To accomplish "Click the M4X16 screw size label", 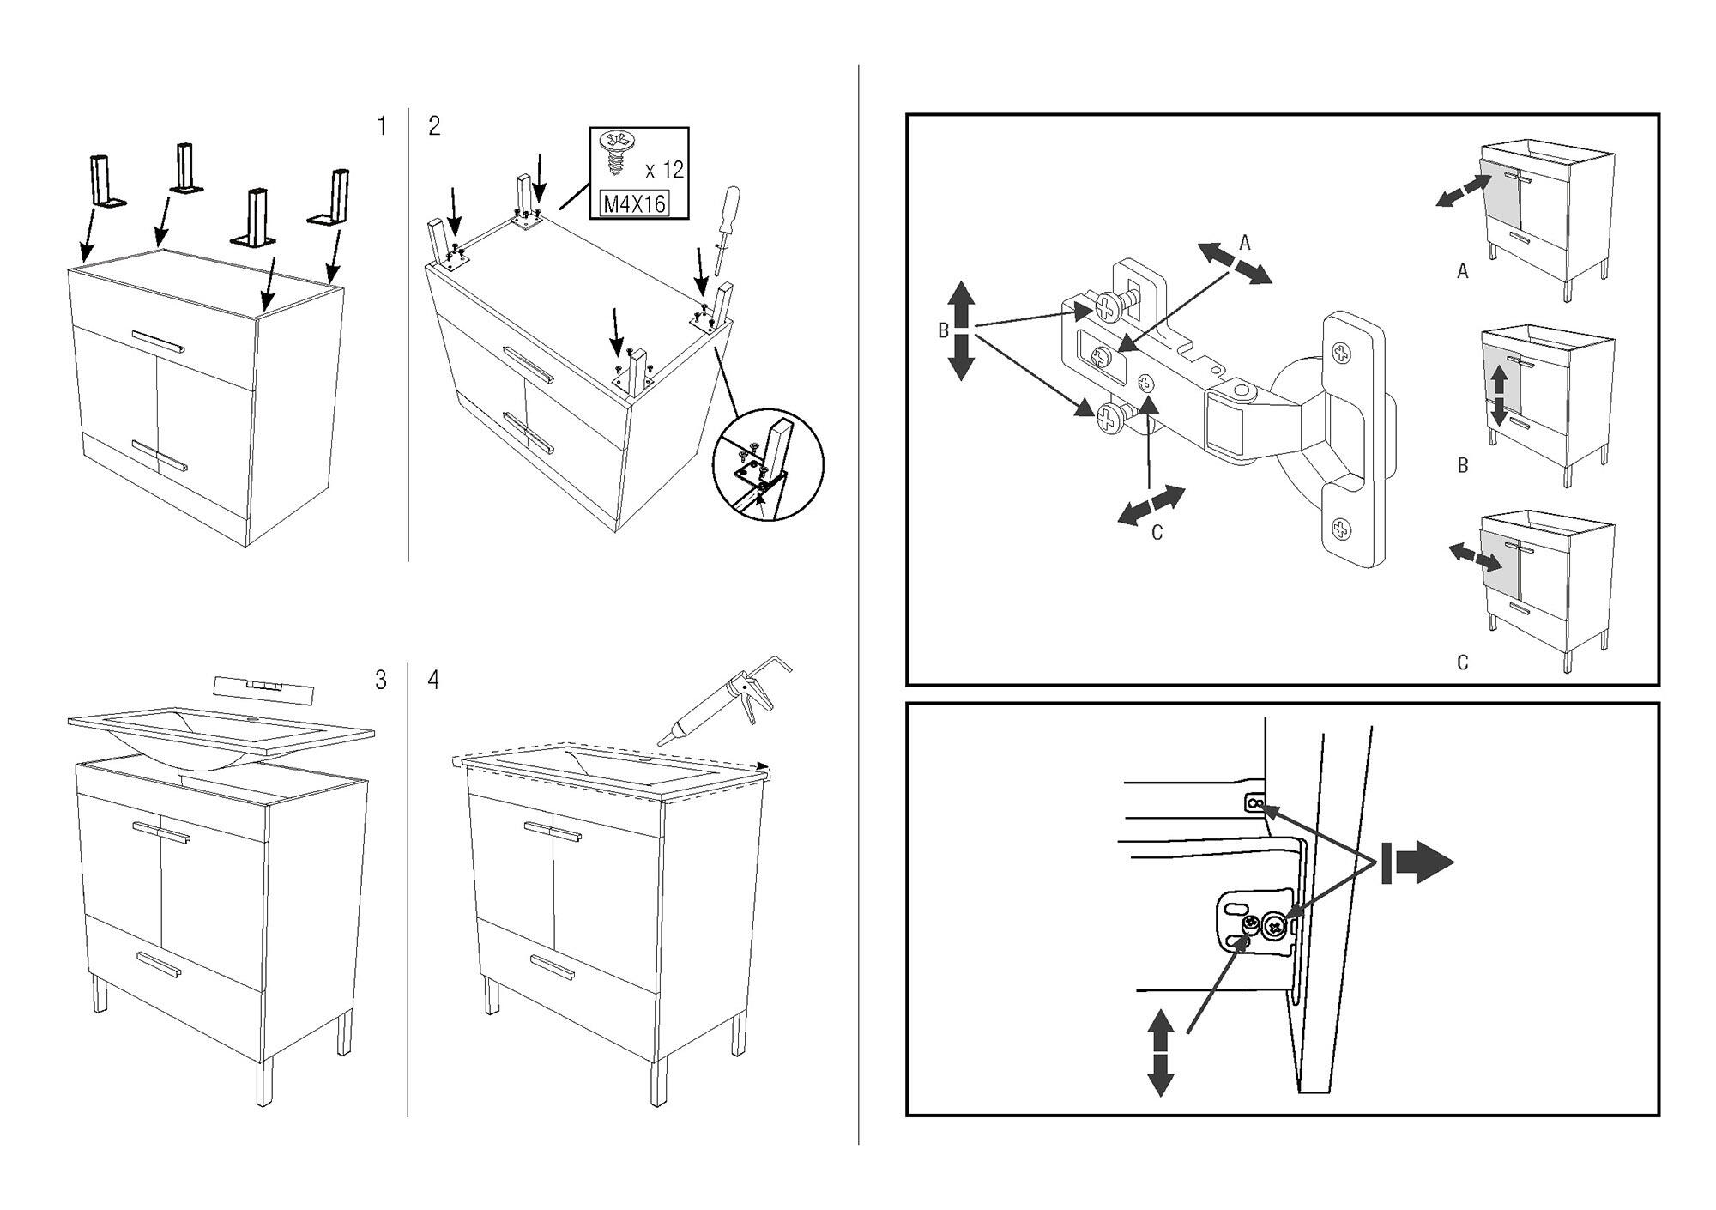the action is point(635,204).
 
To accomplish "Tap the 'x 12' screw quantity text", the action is point(664,170).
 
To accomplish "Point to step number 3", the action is point(381,680).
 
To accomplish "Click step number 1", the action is point(382,127).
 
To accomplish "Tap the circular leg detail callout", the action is point(769,464).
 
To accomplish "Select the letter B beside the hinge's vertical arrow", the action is point(943,331).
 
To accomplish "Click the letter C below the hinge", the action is point(1157,533).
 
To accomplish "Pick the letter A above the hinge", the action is point(1245,243).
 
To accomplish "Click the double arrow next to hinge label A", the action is point(1235,263).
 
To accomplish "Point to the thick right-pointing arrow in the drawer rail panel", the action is point(1417,862).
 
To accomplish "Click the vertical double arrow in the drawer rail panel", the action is point(1160,1052).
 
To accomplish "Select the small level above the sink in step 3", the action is point(263,687).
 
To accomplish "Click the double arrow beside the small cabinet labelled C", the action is point(1475,556).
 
